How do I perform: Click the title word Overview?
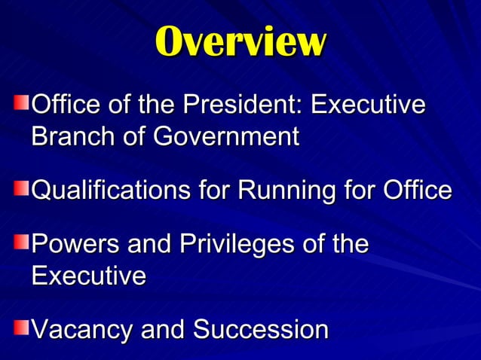240,41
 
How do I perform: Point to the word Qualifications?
109,191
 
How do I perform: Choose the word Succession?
261,330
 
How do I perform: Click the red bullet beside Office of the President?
23,101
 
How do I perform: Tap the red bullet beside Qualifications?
23,186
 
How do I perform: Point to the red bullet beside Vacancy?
23,325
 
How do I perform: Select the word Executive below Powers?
89,276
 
